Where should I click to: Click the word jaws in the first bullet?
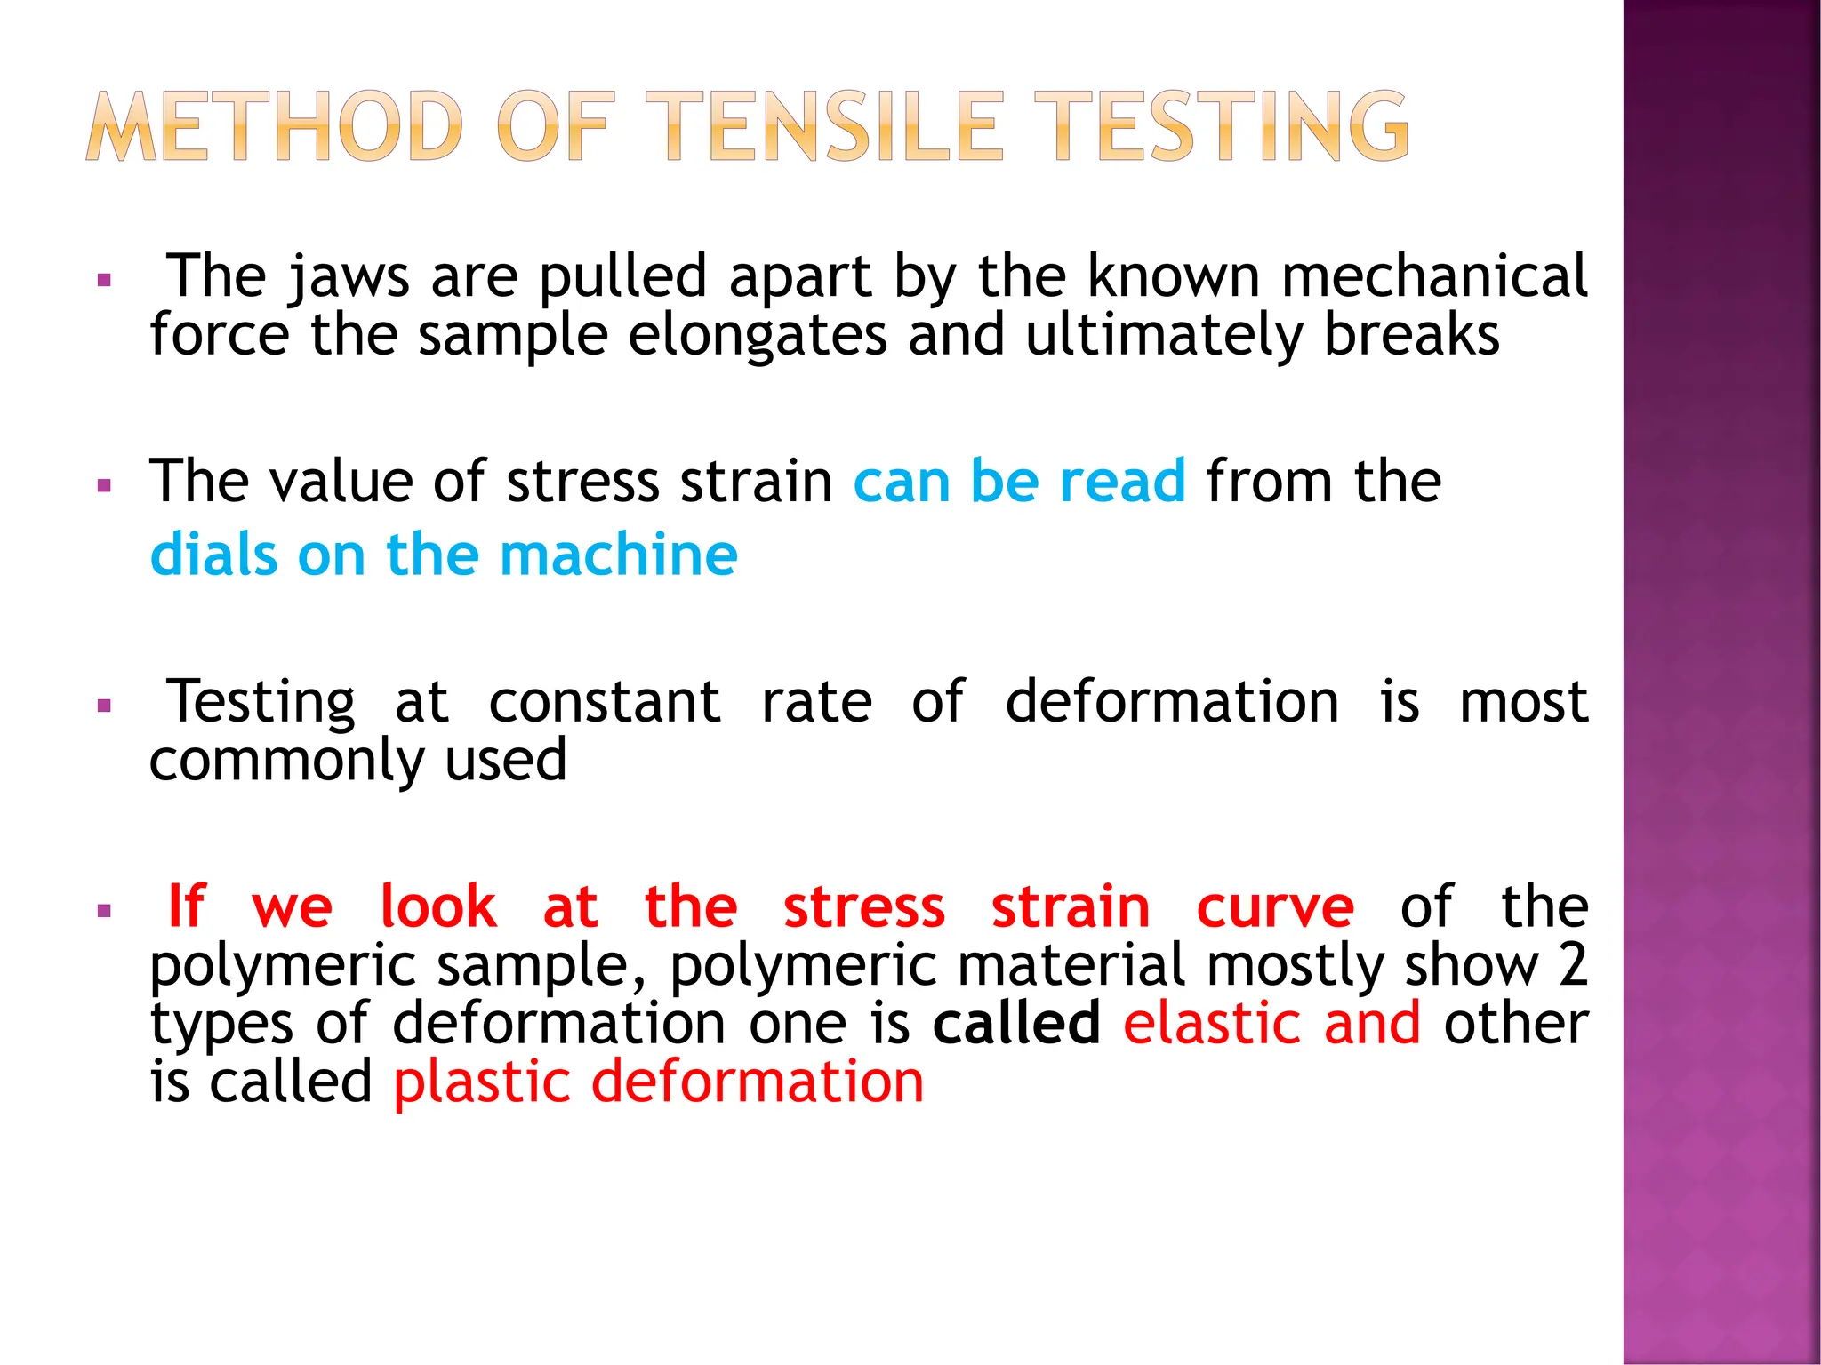349,277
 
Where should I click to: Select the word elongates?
758,336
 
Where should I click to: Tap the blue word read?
1122,481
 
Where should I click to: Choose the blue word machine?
619,555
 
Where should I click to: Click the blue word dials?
213,555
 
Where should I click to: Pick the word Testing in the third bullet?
261,703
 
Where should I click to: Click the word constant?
605,702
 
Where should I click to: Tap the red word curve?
1275,908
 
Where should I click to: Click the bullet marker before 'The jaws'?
105,281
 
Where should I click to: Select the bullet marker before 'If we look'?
105,911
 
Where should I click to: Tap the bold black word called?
1016,1023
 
